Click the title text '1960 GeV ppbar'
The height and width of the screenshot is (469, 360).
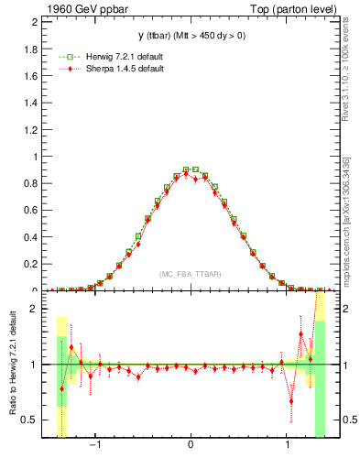[x=80, y=8]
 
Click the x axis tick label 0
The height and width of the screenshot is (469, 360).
[x=190, y=445]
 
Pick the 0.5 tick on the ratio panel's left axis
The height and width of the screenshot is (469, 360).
[x=31, y=420]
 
